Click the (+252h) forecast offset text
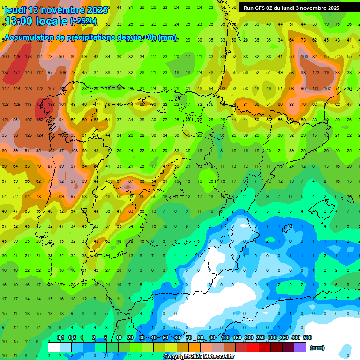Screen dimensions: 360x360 click(83, 21)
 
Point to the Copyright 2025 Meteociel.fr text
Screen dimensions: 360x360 click(199, 357)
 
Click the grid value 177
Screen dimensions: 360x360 click(17, 72)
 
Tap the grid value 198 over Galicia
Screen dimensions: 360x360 click(51, 104)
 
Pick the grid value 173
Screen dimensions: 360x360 click(28, 57)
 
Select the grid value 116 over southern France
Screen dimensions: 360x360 click(327, 72)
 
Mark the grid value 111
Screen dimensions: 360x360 click(315, 88)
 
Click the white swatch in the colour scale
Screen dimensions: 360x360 click(54, 347)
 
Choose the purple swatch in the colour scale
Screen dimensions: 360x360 click(300, 347)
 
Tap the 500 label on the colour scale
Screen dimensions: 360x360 click(307, 338)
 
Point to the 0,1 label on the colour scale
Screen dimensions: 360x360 click(60, 338)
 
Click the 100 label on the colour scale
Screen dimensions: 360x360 click(225, 338)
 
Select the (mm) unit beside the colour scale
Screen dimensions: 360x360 click(317, 348)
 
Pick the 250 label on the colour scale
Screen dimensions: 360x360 click(260, 338)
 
